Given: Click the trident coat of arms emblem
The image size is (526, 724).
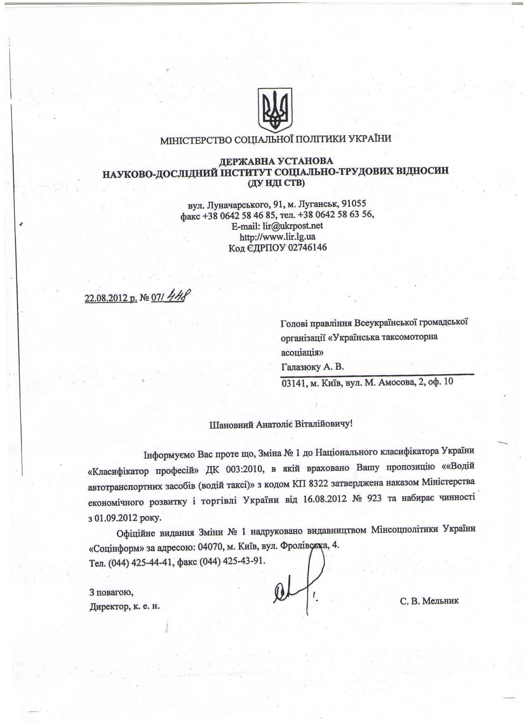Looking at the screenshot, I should [x=275, y=109].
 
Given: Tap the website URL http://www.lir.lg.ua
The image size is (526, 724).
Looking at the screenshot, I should [x=278, y=237].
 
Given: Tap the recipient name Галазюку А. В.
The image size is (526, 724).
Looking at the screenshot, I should [x=312, y=367].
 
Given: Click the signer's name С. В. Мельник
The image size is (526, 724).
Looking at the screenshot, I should [x=429, y=601].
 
